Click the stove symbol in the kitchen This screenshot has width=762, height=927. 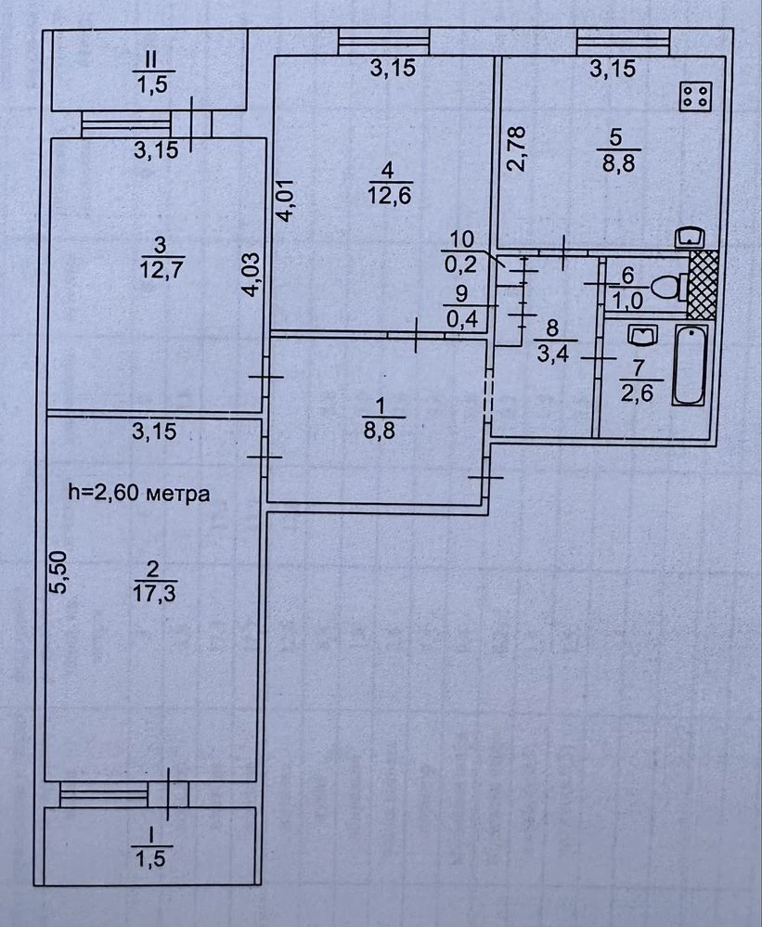[x=696, y=96]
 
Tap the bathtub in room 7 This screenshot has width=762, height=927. [x=689, y=365]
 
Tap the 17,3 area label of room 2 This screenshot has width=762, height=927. [x=155, y=594]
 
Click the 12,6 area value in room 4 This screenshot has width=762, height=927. [x=389, y=195]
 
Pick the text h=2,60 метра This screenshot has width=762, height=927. [x=139, y=493]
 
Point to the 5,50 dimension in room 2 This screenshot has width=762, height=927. [x=61, y=572]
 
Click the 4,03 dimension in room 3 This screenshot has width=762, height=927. [x=252, y=275]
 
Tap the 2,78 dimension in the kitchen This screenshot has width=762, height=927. [x=516, y=149]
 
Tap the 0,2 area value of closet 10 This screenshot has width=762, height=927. [x=460, y=264]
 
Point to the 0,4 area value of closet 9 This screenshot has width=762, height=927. [x=462, y=320]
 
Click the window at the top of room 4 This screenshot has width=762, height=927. [x=384, y=42]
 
